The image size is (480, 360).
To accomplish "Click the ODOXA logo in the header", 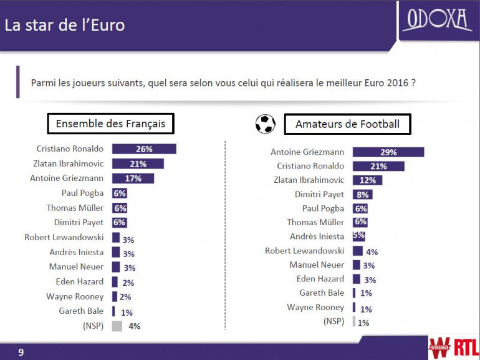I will (437, 20).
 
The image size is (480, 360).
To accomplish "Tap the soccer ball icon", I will (266, 124).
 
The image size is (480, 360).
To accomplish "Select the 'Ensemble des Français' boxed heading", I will (110, 124).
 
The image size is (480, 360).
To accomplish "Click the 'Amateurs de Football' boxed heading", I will (347, 124).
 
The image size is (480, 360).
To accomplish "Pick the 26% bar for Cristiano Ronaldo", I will (144, 149).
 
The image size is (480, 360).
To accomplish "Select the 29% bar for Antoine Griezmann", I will (388, 152).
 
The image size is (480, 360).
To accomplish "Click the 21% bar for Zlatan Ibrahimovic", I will (138, 164).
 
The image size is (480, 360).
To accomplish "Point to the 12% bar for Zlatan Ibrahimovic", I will (367, 180).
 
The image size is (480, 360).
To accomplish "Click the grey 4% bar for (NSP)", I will (117, 326).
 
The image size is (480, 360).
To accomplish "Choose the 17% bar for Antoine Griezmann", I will (133, 178).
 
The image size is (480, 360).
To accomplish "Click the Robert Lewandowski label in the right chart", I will (304, 251).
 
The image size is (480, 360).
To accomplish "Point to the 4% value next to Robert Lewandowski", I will (372, 252).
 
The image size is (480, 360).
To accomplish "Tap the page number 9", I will (21, 353).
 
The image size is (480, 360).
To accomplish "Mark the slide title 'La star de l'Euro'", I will (65, 26).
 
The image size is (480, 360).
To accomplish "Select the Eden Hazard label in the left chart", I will (80, 281).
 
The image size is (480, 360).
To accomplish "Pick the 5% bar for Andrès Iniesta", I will (358, 236).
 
